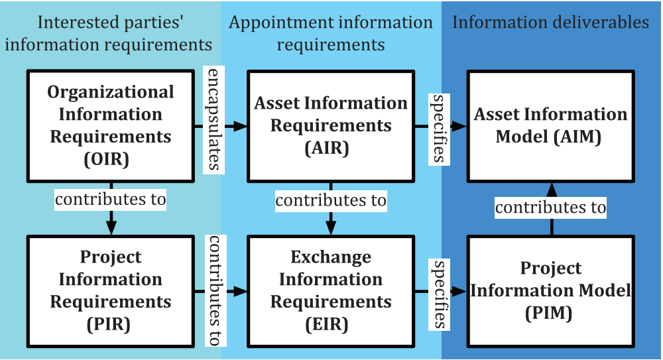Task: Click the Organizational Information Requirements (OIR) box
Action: [110, 126]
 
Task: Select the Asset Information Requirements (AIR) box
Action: [331, 126]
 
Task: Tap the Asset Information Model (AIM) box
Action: [550, 126]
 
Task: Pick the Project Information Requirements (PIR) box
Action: [110, 292]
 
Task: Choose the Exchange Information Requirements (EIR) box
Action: [331, 292]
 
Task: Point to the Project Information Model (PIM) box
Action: [550, 292]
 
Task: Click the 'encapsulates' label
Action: [213, 120]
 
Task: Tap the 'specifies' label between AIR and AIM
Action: [439, 129]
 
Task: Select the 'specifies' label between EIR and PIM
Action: [439, 294]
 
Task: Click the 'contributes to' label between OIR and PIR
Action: [110, 200]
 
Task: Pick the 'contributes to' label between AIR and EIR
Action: [331, 200]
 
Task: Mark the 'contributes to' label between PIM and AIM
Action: [550, 208]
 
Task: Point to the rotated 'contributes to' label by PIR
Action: [215, 290]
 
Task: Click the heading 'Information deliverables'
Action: [550, 23]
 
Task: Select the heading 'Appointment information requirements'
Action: [331, 33]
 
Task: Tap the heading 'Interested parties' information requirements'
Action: [109, 33]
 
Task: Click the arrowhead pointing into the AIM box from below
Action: [552, 190]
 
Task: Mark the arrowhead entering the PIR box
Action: [111, 227]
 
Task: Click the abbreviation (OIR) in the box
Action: [107, 160]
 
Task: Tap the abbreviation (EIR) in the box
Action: [327, 324]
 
